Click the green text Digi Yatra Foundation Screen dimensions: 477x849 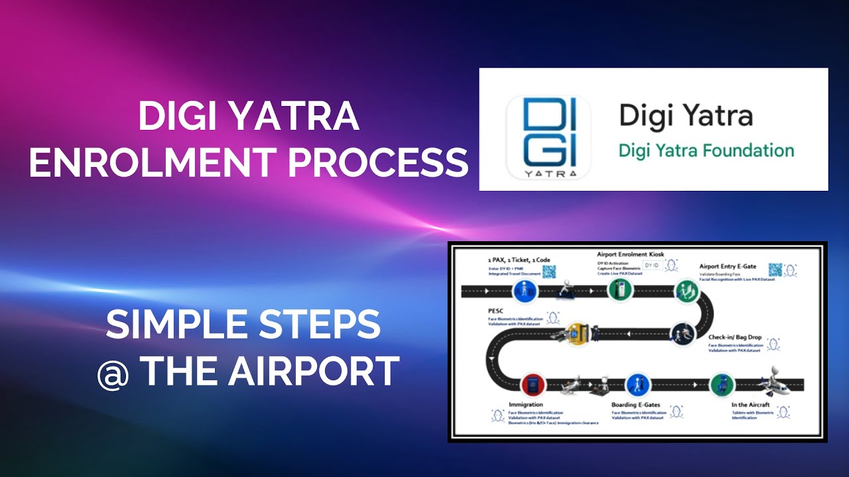click(706, 150)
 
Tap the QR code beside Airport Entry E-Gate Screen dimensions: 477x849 click(775, 270)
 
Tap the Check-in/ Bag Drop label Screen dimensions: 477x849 click(734, 337)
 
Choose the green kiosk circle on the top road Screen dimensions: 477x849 click(620, 291)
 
